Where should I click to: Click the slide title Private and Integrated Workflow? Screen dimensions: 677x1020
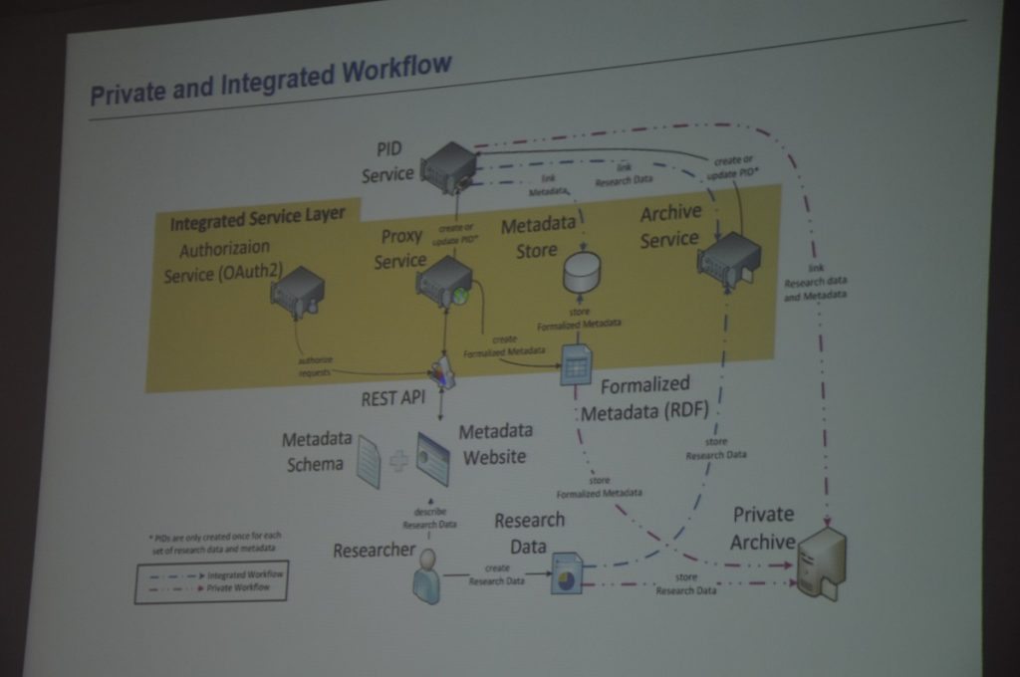(270, 81)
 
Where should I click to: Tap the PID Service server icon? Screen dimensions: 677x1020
(447, 166)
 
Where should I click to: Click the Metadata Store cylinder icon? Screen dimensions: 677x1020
(582, 272)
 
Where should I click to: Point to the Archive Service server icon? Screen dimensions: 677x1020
(729, 260)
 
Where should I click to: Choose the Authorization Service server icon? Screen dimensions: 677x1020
(298, 293)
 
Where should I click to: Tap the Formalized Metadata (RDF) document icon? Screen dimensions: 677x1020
(576, 364)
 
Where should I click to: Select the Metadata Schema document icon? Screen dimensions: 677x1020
(369, 461)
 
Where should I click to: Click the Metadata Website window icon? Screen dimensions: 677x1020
(433, 459)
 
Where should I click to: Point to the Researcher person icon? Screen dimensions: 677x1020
(427, 576)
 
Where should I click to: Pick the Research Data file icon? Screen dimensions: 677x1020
(566, 572)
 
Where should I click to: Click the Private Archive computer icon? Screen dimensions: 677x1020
(821, 564)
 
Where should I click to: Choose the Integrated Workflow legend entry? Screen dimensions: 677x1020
(214, 574)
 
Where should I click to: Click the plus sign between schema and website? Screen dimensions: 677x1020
(399, 460)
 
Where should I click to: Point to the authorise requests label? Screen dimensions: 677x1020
(315, 364)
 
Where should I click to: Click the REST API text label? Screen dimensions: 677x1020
(392, 398)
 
